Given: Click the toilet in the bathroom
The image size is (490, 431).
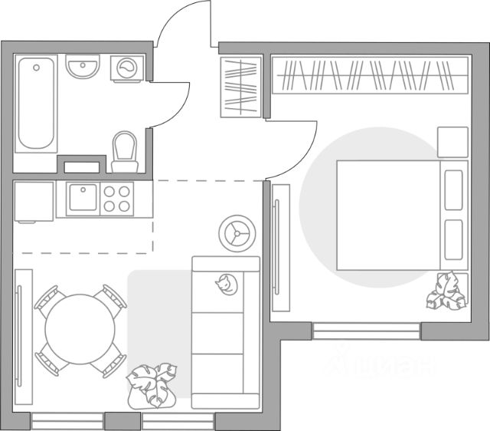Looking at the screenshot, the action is click(x=123, y=150).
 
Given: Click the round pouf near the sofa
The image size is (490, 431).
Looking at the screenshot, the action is click(x=237, y=232).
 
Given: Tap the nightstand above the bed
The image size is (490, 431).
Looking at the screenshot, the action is click(x=452, y=142).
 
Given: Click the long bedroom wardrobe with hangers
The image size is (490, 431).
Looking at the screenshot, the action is click(x=370, y=75).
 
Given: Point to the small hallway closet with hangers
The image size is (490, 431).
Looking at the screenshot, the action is click(x=241, y=86).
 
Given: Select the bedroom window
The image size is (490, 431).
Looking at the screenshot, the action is click(x=366, y=331).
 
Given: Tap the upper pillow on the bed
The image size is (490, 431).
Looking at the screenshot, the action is click(x=453, y=189).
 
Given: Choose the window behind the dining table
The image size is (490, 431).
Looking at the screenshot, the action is click(x=67, y=421).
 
